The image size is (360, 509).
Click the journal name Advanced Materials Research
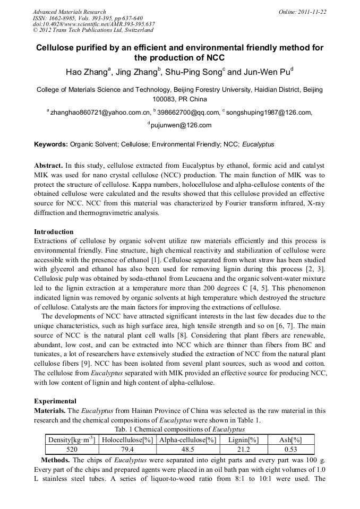(70, 12)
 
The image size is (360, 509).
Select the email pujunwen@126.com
(181, 126)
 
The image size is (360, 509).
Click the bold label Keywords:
(51, 144)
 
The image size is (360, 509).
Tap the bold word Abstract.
(48, 166)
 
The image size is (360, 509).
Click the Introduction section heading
(54, 232)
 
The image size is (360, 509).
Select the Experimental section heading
(55, 401)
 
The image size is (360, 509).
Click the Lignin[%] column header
(243, 439)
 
